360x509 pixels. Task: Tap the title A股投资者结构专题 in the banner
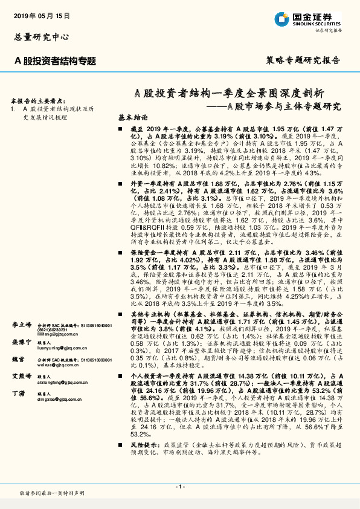[x=55, y=60]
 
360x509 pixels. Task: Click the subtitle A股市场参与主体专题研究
[x=278, y=106]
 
